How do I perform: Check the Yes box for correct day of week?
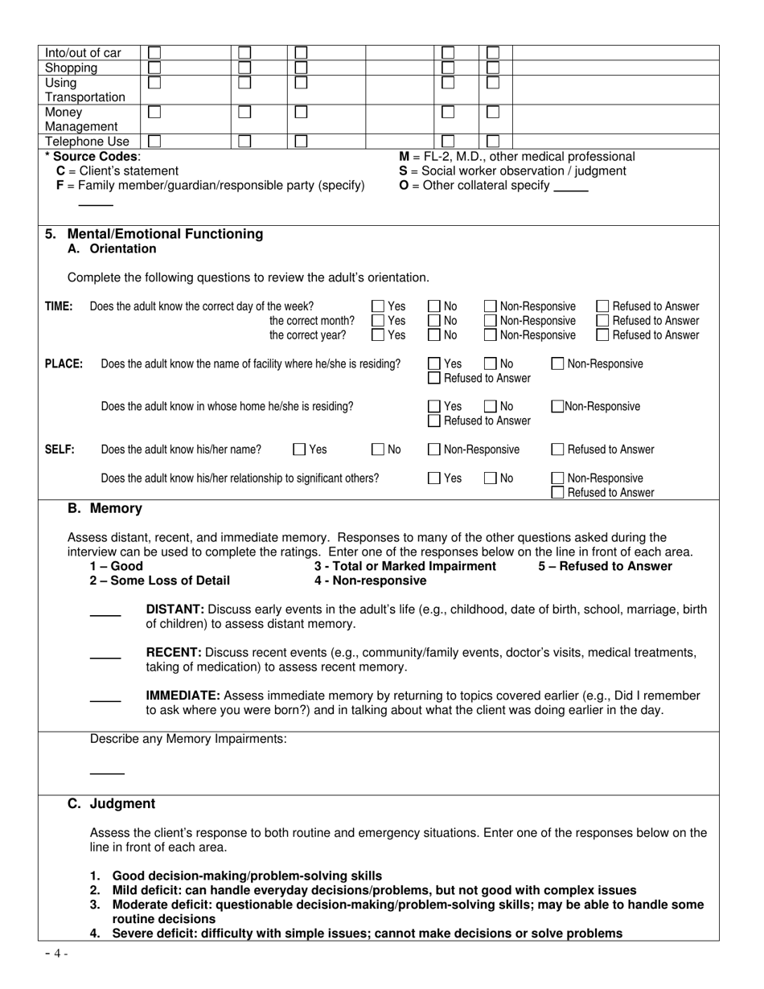click(x=377, y=306)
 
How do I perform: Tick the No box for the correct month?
click(x=434, y=321)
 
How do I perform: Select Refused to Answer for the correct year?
click(x=602, y=335)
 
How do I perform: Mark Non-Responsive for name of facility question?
click(x=557, y=364)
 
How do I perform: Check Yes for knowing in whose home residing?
click(x=434, y=407)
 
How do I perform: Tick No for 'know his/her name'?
click(x=377, y=449)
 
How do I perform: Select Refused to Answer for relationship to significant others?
click(x=557, y=493)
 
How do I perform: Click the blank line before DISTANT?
click(x=105, y=616)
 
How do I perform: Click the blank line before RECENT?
click(x=105, y=659)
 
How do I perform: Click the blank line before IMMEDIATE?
click(x=105, y=702)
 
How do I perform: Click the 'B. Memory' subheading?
click(x=105, y=508)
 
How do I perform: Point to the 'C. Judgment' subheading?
click(x=111, y=803)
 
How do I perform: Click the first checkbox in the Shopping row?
click(x=154, y=68)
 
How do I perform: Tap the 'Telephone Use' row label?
click(x=87, y=142)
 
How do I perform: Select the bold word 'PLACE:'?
click(x=64, y=364)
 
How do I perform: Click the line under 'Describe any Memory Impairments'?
click(x=107, y=773)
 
